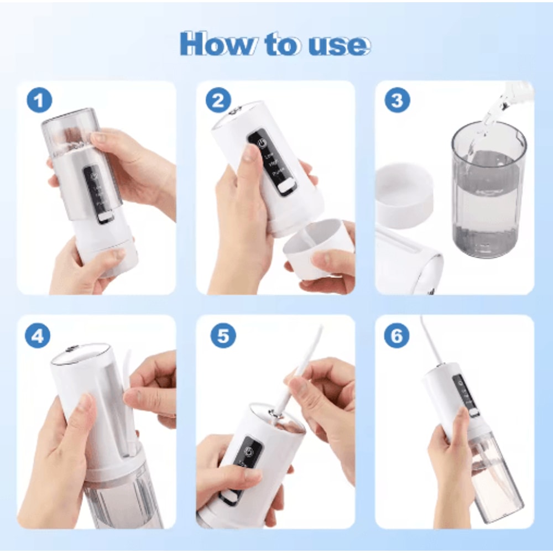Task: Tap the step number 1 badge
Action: (x=39, y=101)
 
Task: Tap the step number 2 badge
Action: (x=218, y=101)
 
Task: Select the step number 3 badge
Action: (x=397, y=101)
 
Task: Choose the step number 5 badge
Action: (x=223, y=336)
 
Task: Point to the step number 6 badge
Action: (x=397, y=336)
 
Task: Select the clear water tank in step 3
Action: (x=487, y=191)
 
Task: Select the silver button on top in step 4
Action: (x=72, y=349)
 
